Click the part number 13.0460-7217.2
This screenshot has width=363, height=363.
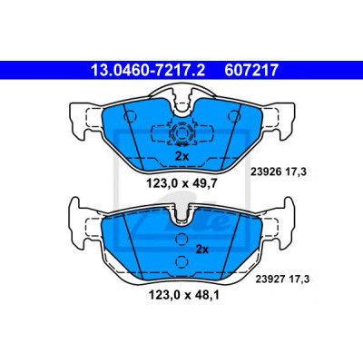(x=148, y=70)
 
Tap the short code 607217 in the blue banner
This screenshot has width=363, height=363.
(x=251, y=70)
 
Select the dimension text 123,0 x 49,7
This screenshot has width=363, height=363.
(x=181, y=183)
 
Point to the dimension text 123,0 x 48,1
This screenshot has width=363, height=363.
(x=183, y=295)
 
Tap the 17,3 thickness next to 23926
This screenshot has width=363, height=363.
(x=296, y=172)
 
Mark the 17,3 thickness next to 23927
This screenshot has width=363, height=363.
(x=299, y=279)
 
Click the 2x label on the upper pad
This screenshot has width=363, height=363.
(x=182, y=156)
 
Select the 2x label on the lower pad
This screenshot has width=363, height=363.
(x=202, y=250)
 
